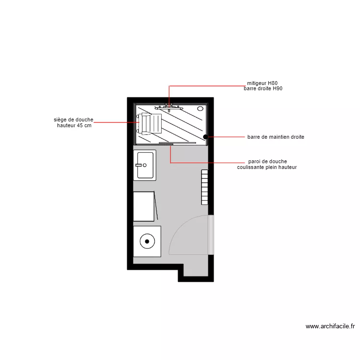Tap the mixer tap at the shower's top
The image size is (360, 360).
169,106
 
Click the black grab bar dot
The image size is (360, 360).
205,137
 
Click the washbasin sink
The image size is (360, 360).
145,165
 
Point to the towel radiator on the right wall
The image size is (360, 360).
204,186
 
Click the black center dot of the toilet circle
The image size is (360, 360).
146,240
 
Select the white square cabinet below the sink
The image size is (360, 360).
144,206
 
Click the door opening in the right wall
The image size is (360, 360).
210,235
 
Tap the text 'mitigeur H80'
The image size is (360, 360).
262,83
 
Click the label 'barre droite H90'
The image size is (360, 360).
263,89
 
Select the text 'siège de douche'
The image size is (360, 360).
73,120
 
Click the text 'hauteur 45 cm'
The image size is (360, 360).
74,125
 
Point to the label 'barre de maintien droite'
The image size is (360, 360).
276,137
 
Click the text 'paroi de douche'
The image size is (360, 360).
268,162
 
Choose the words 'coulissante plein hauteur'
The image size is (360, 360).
267,168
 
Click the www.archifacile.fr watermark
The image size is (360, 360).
330,326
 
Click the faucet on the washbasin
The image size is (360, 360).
139,165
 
